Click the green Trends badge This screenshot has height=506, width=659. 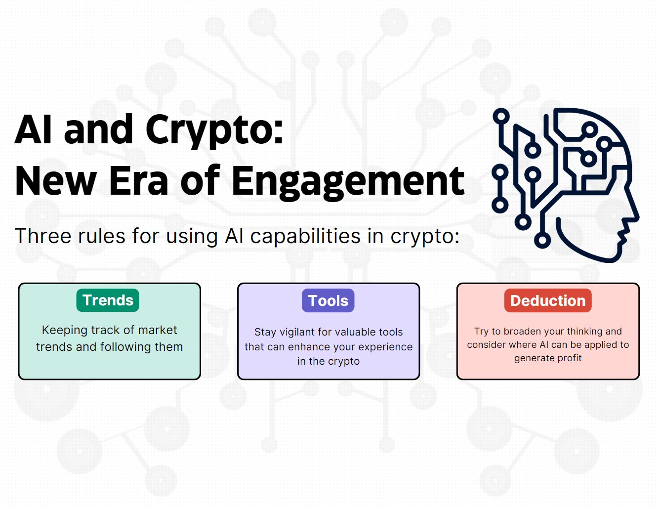click(108, 300)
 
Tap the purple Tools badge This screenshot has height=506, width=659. click(328, 300)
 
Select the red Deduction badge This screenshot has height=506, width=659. click(548, 300)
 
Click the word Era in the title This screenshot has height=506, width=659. click(138, 182)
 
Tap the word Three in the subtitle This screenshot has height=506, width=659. click(43, 236)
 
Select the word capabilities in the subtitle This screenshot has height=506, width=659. click(306, 236)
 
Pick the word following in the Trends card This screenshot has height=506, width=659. click(124, 347)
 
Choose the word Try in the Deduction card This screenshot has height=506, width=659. click(481, 332)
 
